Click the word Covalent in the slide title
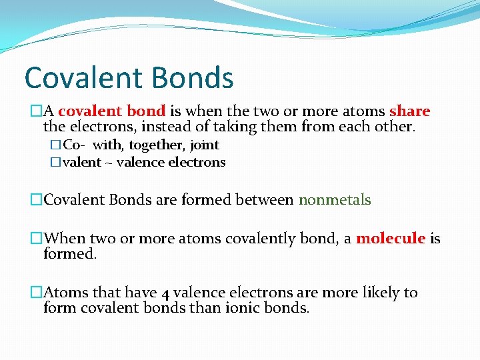coord(81,77)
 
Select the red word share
coord(409,111)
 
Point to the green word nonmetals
coord(335,200)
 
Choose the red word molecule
coord(391,239)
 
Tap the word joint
coord(205,145)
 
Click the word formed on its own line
coord(69,254)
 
